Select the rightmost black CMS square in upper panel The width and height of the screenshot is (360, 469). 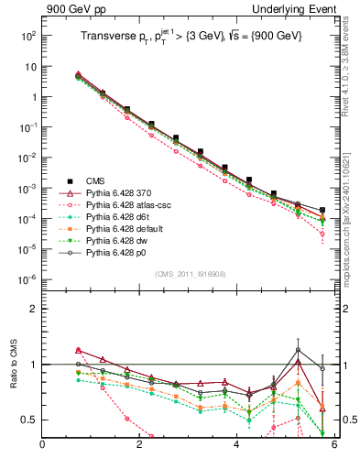point(322,210)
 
